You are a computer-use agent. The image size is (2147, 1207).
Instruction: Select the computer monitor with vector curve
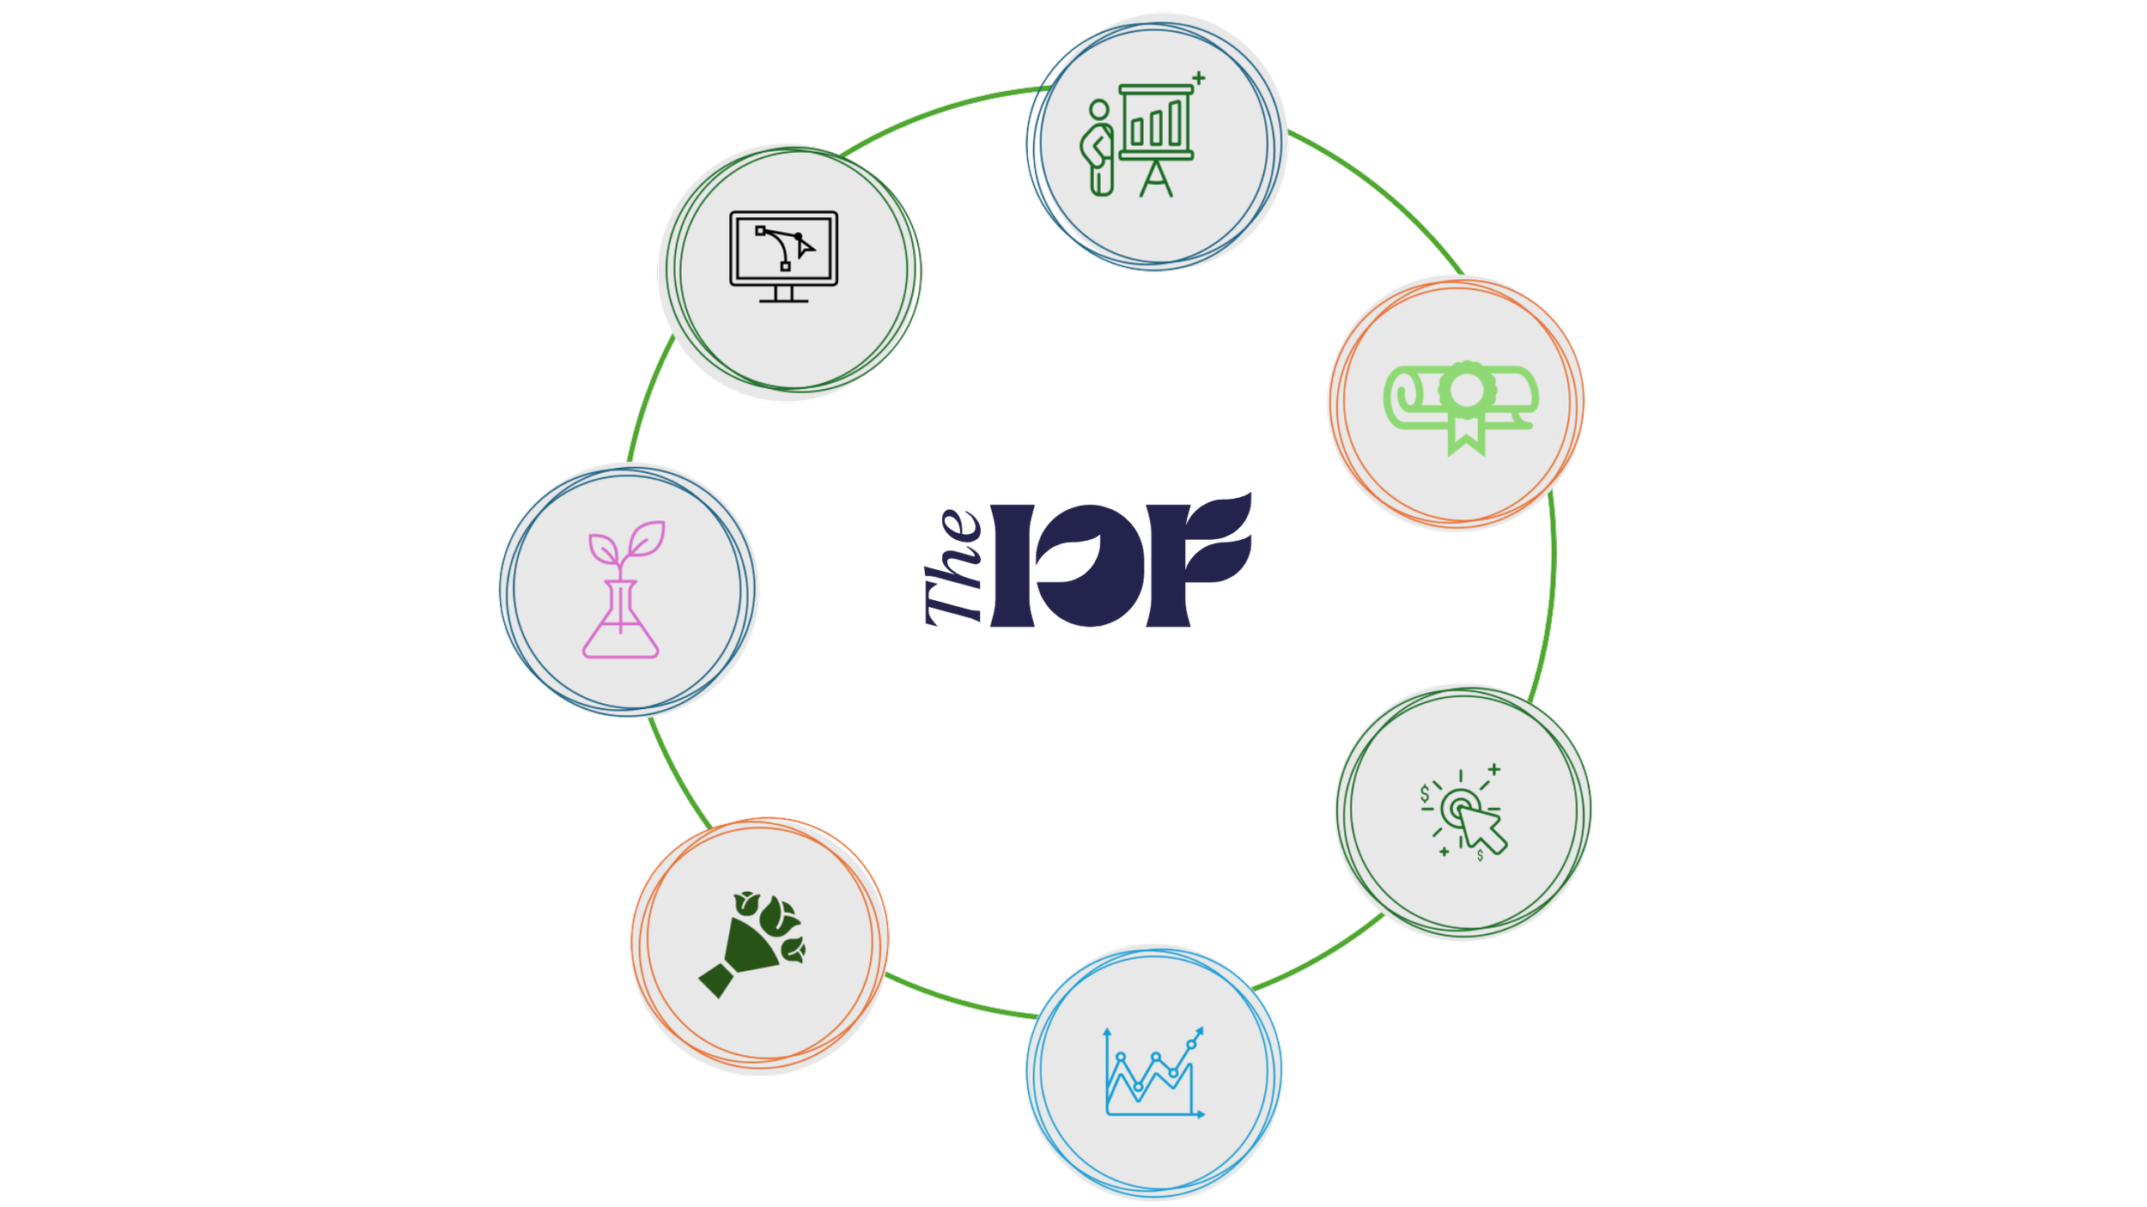783,256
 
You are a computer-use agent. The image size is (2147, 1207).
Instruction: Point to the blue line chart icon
1153,1072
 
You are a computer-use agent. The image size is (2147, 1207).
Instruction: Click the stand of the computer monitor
783,294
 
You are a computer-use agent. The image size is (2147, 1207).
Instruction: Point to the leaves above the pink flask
627,541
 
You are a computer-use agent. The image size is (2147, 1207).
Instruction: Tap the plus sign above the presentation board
1199,78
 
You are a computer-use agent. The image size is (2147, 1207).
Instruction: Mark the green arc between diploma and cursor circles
1551,592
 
